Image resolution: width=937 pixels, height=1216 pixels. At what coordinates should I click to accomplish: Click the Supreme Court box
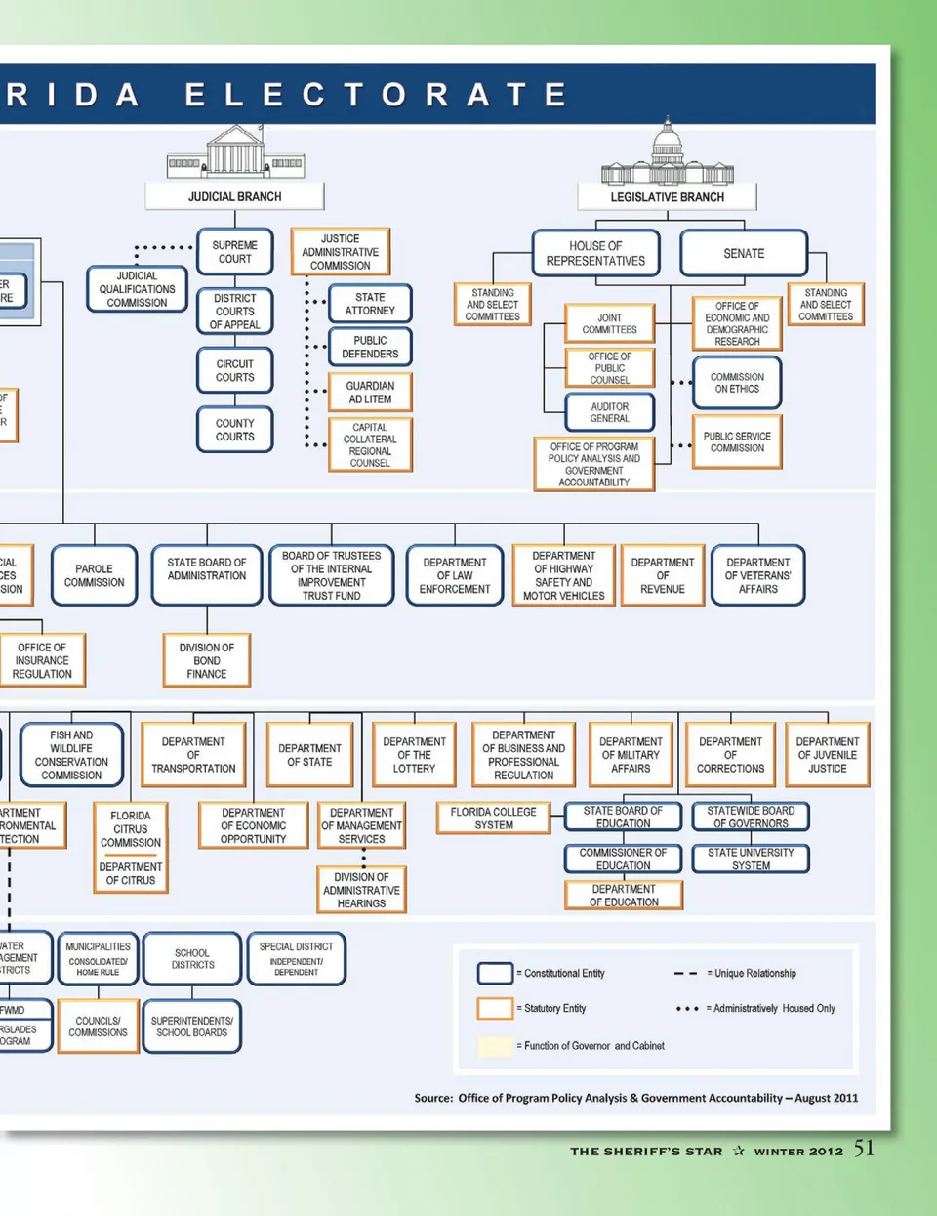tap(234, 252)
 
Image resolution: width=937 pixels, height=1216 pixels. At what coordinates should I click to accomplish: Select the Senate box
tap(744, 253)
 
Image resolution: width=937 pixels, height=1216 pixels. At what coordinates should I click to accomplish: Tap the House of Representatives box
tap(595, 253)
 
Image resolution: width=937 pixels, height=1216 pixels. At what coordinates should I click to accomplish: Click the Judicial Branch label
tap(234, 196)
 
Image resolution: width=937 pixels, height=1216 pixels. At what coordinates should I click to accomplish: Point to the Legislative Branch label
tap(667, 196)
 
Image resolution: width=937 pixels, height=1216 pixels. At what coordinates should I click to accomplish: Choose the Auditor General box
tap(609, 412)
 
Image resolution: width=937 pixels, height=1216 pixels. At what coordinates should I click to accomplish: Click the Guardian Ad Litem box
tap(370, 392)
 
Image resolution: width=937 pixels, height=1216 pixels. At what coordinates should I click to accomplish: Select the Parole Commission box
tap(95, 575)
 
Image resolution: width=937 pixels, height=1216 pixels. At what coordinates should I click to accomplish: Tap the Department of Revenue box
tap(662, 575)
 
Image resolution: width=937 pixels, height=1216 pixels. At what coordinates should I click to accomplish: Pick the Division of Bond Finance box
tap(207, 660)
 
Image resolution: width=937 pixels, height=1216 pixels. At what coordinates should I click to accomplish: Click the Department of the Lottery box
tap(414, 755)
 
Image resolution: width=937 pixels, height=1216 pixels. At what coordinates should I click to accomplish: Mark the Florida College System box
tap(494, 818)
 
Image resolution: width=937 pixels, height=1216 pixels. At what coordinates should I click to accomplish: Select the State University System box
tap(751, 859)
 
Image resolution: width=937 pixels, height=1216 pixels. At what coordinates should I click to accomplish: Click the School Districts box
tap(192, 958)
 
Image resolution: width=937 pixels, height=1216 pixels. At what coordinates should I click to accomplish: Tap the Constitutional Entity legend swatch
tap(495, 973)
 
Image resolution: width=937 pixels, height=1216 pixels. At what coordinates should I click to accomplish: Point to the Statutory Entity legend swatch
tap(495, 1008)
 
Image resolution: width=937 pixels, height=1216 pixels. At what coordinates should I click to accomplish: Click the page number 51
tap(864, 1149)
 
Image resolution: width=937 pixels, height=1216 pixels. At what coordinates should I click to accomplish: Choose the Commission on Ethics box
tap(737, 382)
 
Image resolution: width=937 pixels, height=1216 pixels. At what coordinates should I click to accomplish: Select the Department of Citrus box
tap(131, 873)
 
